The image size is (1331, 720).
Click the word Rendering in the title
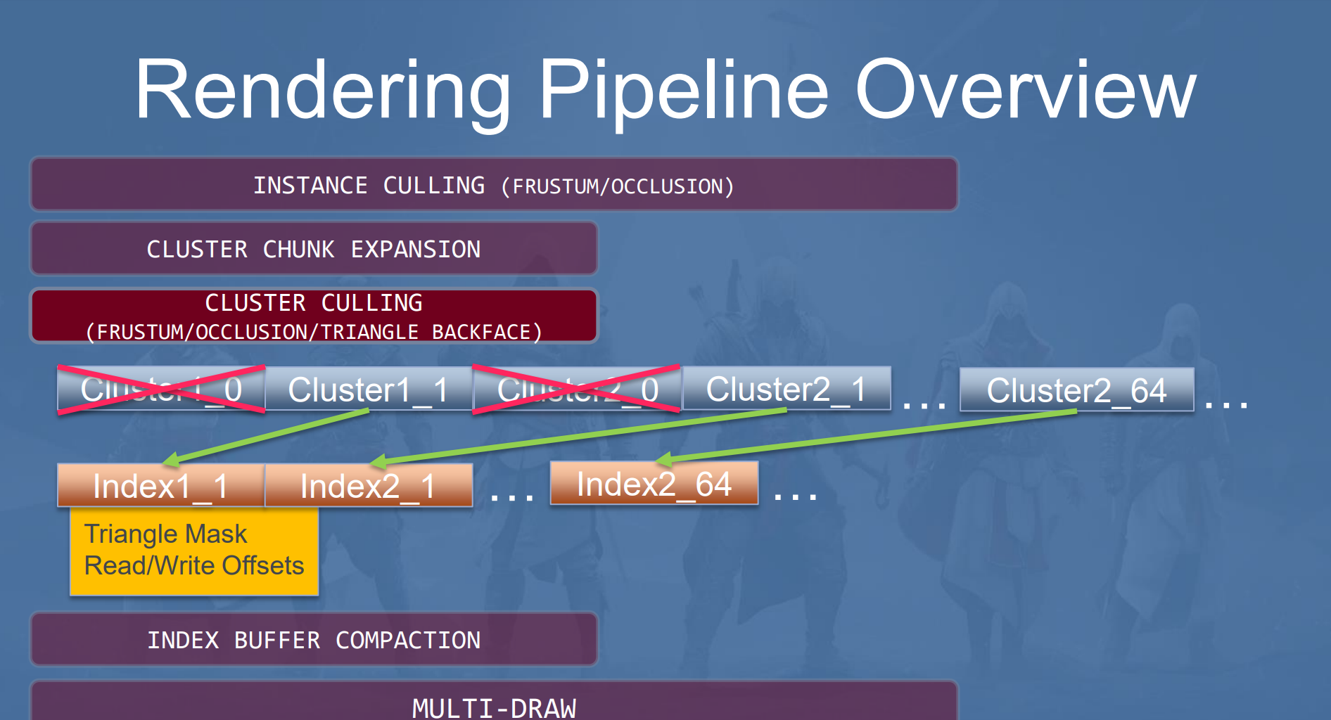[x=323, y=91]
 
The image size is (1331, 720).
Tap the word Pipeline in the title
[x=684, y=91]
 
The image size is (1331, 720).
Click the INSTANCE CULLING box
[x=493, y=184]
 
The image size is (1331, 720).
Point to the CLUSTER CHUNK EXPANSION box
[x=314, y=248]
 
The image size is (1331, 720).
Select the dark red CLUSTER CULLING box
[x=314, y=316]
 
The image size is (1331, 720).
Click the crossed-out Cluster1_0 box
[x=161, y=389]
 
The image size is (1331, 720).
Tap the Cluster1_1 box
[x=369, y=388]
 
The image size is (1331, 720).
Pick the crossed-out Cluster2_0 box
[x=576, y=388]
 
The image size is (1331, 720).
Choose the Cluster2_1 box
[x=786, y=388]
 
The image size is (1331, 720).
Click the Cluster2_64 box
[x=1076, y=390]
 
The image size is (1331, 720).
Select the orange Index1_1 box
[x=161, y=485]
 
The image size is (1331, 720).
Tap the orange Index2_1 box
[x=369, y=485]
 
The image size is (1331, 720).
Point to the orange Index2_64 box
[x=654, y=483]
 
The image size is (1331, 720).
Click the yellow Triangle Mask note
[x=194, y=551]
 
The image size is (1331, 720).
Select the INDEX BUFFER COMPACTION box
[x=314, y=639]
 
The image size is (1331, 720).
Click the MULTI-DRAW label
[x=494, y=707]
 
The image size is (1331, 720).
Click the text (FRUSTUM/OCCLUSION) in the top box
[x=617, y=186]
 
